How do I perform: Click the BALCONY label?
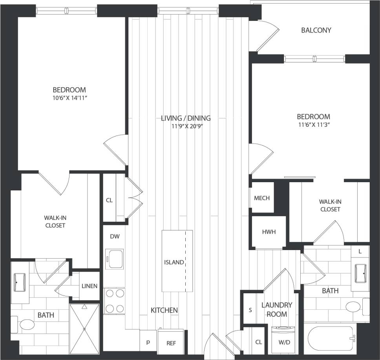click(x=316, y=30)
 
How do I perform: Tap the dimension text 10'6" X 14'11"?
click(x=69, y=97)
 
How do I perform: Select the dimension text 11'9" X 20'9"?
click(x=186, y=126)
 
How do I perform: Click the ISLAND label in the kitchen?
click(x=174, y=262)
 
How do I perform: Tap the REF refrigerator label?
click(x=171, y=343)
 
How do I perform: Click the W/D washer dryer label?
click(x=285, y=342)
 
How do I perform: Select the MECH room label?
click(x=262, y=198)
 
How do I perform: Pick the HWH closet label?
click(x=269, y=232)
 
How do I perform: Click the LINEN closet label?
click(x=89, y=286)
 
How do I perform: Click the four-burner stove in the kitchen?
click(x=114, y=301)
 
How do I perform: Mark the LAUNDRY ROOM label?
click(x=277, y=309)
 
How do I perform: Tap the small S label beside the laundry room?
click(x=250, y=310)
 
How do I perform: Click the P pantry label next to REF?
click(x=148, y=342)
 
